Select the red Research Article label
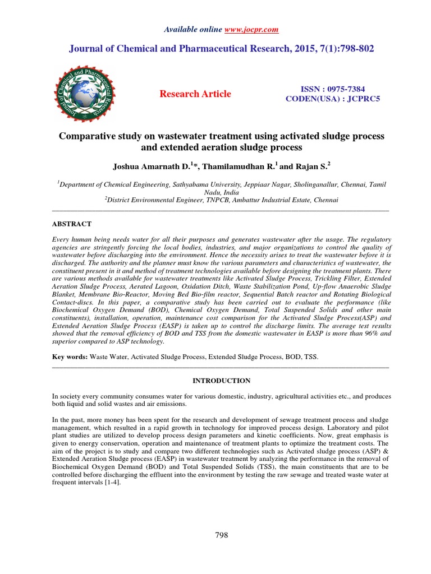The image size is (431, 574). click(x=195, y=94)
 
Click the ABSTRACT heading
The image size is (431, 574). click(x=71, y=224)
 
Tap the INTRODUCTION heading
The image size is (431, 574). click(x=222, y=381)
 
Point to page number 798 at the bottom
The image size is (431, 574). click(x=222, y=535)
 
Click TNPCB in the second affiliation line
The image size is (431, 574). click(x=224, y=199)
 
